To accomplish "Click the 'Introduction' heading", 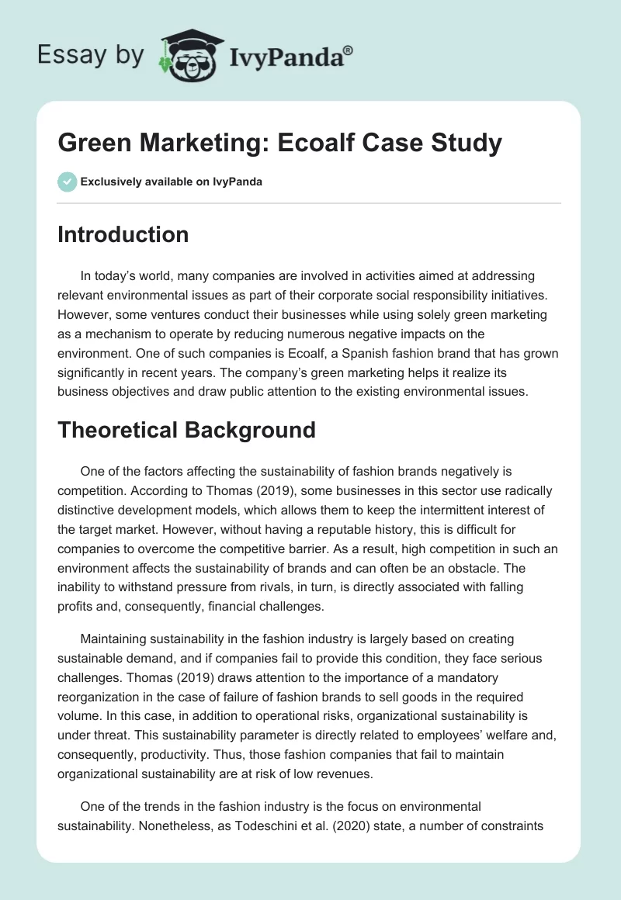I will point(123,234).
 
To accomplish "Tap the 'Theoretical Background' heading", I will point(186,430).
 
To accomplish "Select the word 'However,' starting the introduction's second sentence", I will point(83,314).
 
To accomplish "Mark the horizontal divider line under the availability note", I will point(310,203).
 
